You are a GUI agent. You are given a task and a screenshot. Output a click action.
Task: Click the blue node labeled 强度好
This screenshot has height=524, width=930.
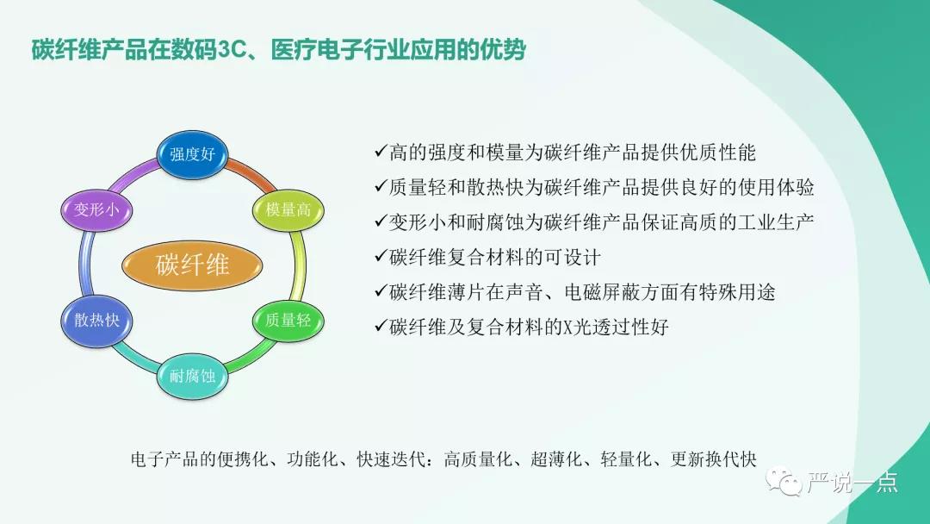click(x=191, y=155)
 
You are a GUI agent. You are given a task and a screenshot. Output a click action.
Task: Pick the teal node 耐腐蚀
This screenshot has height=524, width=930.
click(x=191, y=376)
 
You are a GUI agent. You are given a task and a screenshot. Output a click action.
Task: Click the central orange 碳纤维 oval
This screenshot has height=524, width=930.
click(x=192, y=265)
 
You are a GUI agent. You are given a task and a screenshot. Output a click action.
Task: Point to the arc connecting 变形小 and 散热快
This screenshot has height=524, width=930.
click(x=84, y=265)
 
